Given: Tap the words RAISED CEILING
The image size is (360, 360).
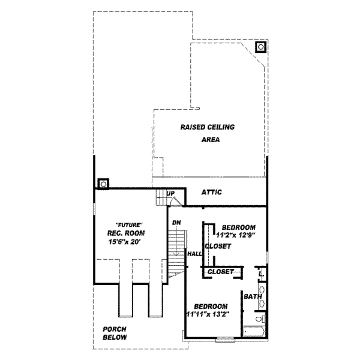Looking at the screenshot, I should pos(207,127).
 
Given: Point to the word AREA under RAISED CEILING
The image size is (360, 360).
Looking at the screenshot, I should pos(211,140).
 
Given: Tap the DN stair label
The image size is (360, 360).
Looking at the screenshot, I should pos(176,223).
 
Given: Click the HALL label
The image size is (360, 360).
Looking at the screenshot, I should pos(194,254).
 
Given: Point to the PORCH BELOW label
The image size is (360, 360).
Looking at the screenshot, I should pos(114,333).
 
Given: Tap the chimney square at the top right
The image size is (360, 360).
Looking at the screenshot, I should pos(260,46).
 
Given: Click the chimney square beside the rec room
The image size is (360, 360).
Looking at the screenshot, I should pos(103,183).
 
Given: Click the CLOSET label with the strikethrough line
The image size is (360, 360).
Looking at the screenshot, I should pos(221,272).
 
